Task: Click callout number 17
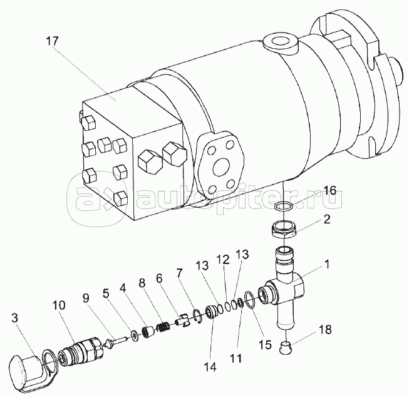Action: tap(53, 41)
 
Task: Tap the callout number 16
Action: tap(329, 190)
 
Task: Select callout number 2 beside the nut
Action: tap(326, 219)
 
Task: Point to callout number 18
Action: tap(324, 329)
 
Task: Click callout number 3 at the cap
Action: tap(14, 319)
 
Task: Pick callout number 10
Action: tap(59, 305)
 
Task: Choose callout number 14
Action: tap(210, 367)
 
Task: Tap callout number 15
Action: tap(265, 345)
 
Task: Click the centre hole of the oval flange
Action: tap(221, 167)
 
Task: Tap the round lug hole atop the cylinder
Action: tap(279, 41)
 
